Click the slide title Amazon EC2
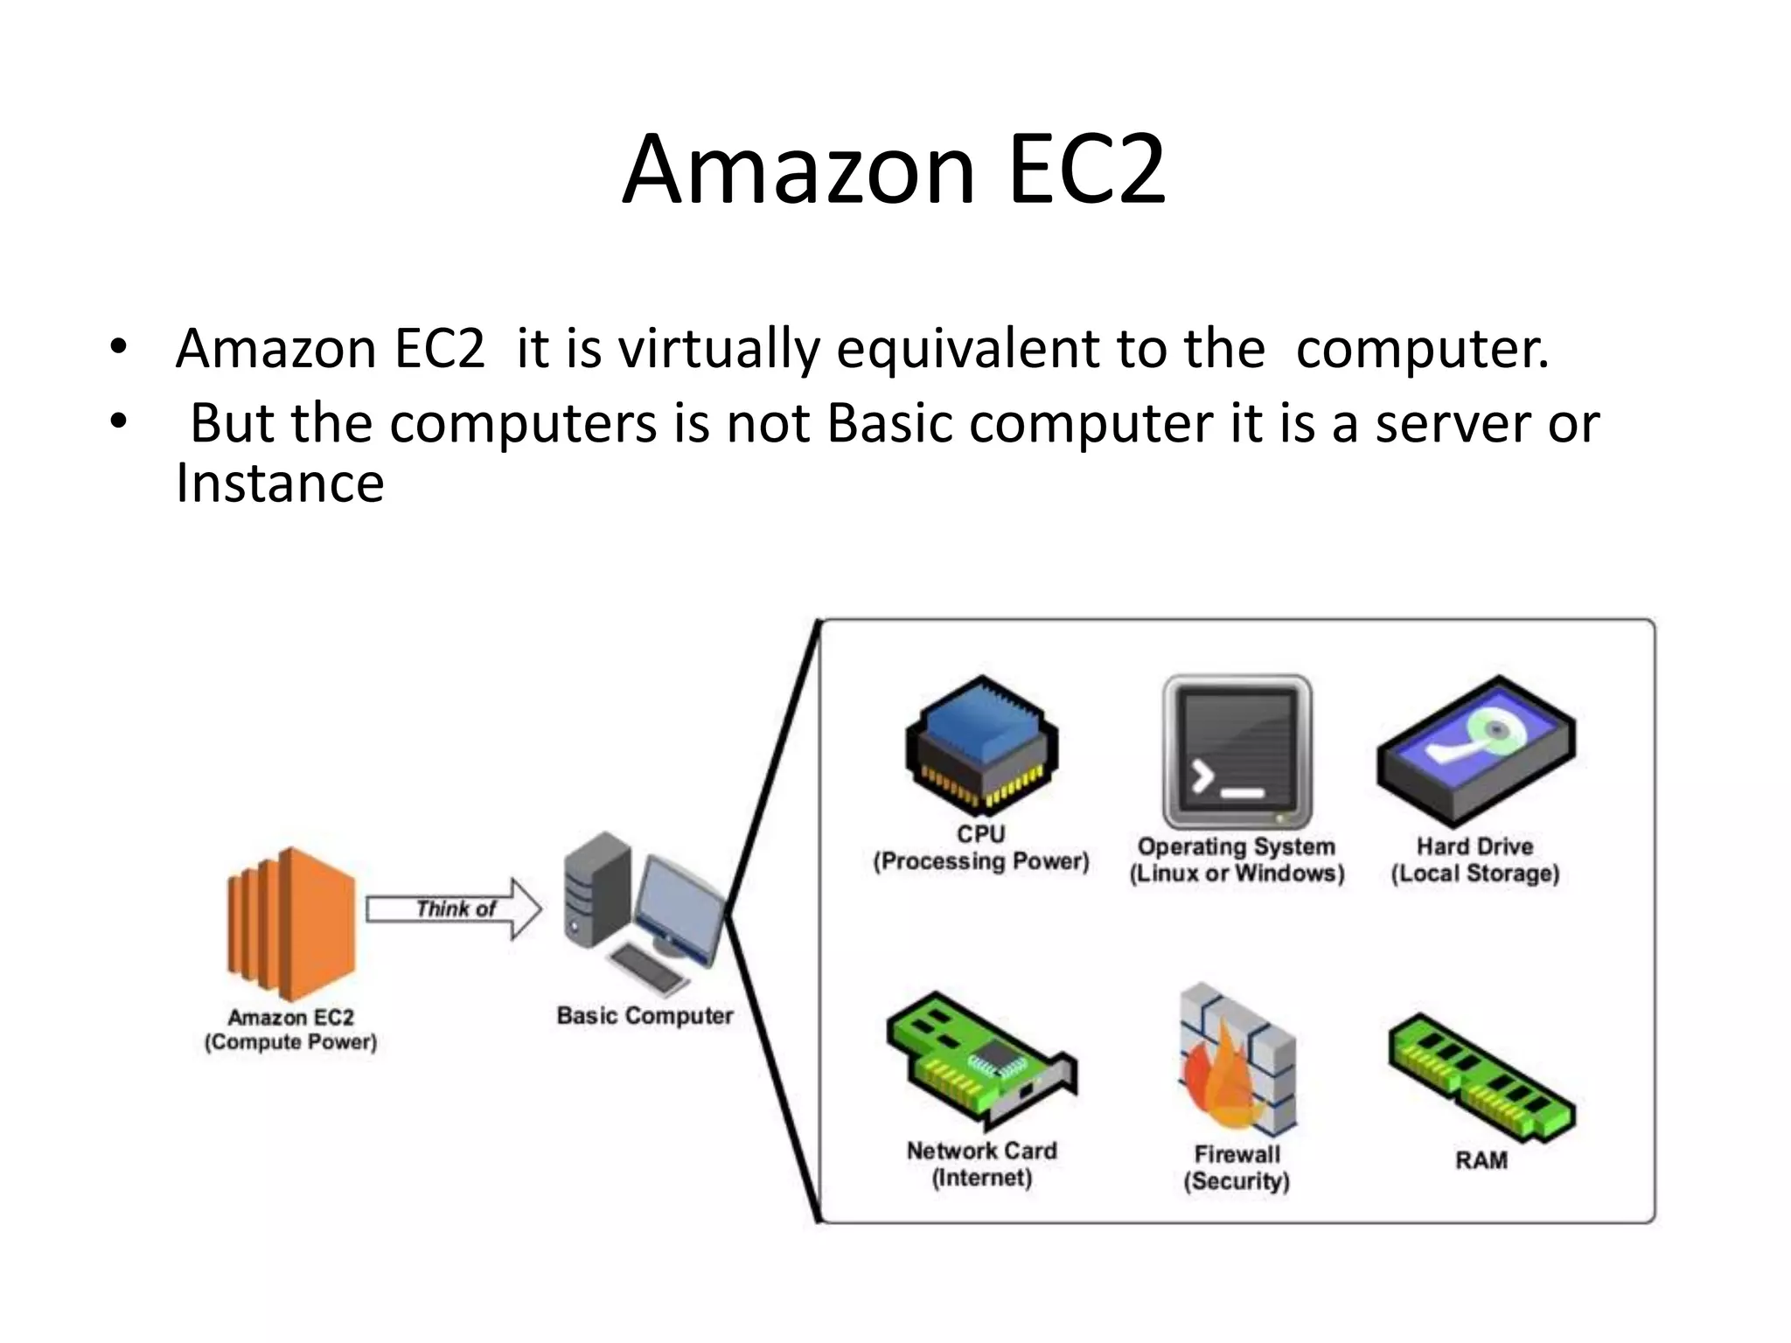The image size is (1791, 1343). point(894,170)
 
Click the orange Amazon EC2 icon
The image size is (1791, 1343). point(291,923)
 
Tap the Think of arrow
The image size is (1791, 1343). point(453,909)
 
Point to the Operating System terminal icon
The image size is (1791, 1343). point(1237,751)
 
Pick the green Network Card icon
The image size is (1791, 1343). point(980,1060)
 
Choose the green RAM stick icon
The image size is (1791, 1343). point(1481,1077)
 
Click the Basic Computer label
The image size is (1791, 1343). point(645,1016)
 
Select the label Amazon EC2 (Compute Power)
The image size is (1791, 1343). point(290,1030)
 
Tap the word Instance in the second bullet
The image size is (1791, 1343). point(280,484)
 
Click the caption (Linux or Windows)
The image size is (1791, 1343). point(1237,873)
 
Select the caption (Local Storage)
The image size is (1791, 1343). point(1475,873)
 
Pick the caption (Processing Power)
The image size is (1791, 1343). point(981,861)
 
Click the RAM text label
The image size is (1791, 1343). point(1481,1160)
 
